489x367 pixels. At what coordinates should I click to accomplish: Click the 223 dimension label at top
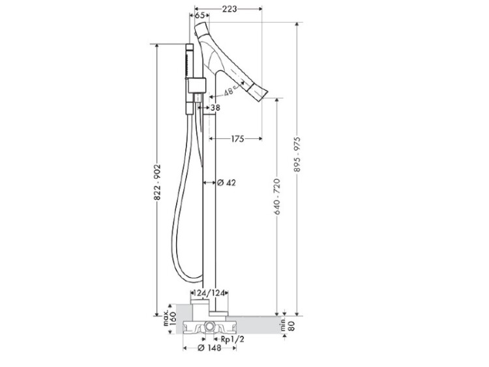click(230, 9)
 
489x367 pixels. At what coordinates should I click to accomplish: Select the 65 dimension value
click(200, 15)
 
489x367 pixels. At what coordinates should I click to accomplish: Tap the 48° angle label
click(230, 91)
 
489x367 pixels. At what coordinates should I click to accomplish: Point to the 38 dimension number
click(215, 108)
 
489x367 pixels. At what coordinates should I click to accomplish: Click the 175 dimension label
click(237, 139)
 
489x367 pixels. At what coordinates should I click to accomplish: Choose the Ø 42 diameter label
click(226, 183)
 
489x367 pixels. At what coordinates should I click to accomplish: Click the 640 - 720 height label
click(277, 197)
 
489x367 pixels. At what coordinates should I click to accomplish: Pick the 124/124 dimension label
click(209, 293)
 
